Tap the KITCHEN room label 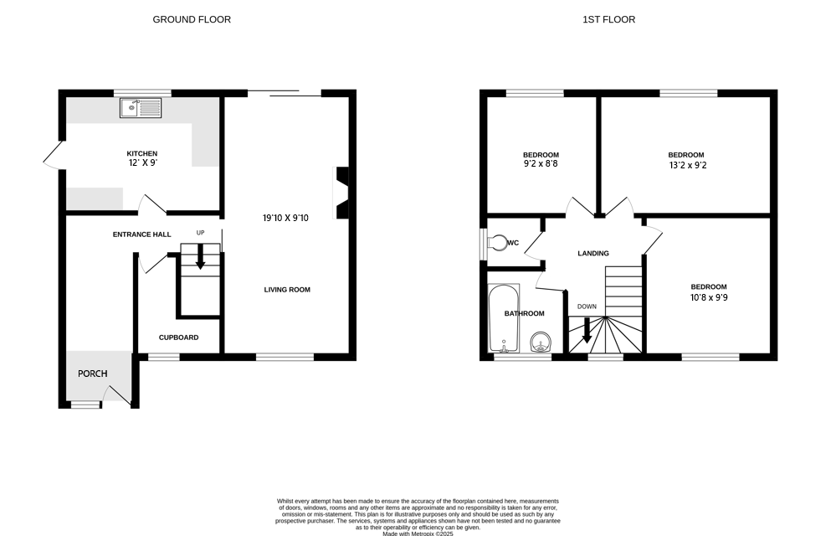click(141, 153)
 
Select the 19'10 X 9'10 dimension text click(285, 218)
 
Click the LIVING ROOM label click(287, 290)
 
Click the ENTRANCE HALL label click(141, 234)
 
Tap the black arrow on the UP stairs click(200, 260)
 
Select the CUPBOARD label click(178, 338)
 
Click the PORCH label click(92, 373)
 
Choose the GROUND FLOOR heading click(192, 19)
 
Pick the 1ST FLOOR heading click(608, 19)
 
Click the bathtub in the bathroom click(504, 317)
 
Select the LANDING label click(593, 253)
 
